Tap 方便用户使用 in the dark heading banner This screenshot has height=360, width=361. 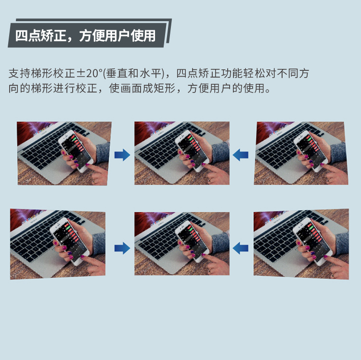[x=117, y=36]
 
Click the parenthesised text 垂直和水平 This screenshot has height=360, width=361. [x=134, y=73]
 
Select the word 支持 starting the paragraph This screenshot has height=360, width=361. [x=19, y=73]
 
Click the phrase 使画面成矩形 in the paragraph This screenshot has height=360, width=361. [x=142, y=88]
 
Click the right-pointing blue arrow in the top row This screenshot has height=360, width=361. [x=122, y=155]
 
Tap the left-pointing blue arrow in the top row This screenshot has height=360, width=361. [x=241, y=155]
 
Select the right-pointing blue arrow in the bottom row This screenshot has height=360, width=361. [x=122, y=248]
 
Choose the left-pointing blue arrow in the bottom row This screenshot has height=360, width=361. [x=241, y=248]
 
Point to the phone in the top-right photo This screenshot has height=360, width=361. [x=310, y=151]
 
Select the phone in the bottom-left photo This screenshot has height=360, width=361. [x=69, y=241]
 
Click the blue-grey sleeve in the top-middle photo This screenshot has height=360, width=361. [x=220, y=152]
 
